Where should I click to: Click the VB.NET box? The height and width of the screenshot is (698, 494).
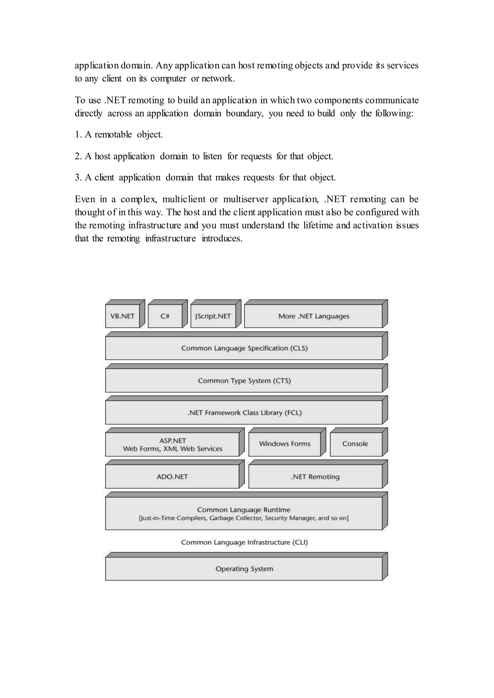point(122,316)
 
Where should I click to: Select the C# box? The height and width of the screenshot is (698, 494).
point(165,316)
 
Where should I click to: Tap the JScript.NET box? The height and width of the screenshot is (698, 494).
point(213,316)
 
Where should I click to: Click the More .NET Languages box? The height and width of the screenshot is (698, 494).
point(313,316)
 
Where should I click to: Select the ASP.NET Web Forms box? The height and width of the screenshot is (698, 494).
point(172,444)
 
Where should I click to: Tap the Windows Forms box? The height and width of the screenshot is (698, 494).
point(284,444)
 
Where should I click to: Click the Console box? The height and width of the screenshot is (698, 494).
point(355,444)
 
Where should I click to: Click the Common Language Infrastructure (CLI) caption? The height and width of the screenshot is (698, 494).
point(244,542)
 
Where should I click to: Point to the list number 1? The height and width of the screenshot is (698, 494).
point(78,135)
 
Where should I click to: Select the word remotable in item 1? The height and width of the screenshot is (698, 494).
point(113,135)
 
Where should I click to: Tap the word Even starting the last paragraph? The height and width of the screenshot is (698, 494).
point(85,199)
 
